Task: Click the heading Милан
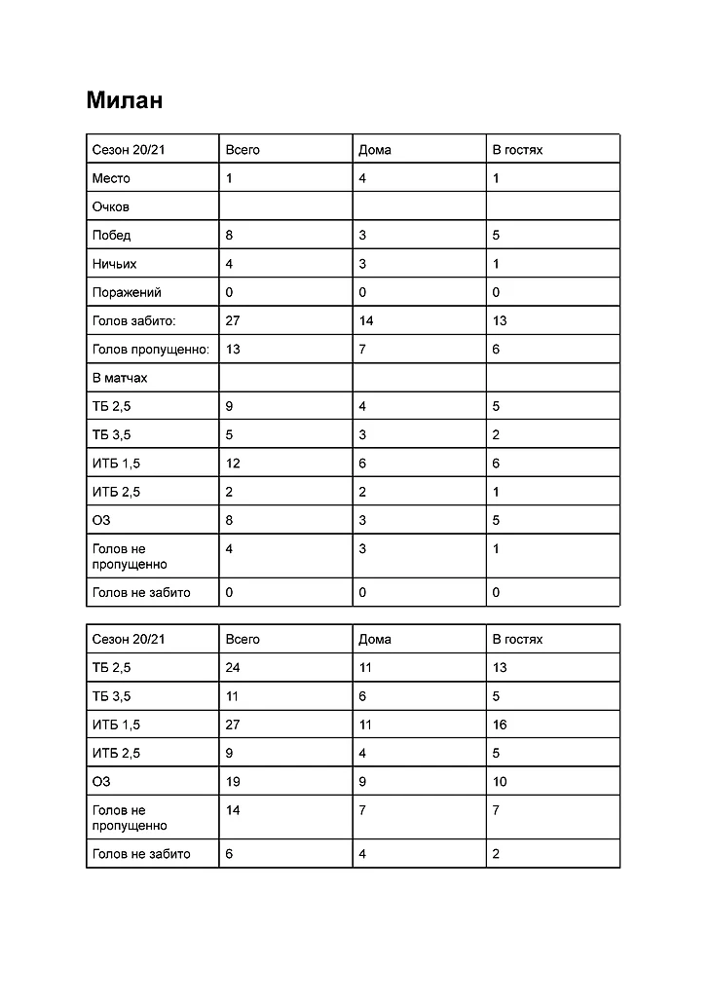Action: tap(124, 100)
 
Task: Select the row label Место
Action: tap(111, 178)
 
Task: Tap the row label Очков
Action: tap(111, 206)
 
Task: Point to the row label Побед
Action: tap(111, 235)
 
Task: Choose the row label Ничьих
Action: tap(114, 264)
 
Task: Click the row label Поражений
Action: tap(127, 292)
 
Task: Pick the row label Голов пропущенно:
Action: tap(151, 349)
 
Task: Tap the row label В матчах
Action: tap(120, 377)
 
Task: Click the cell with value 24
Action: tap(233, 668)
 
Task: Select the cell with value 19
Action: tap(233, 782)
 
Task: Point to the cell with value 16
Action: tap(500, 725)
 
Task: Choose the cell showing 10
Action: tap(500, 782)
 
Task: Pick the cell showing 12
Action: tap(233, 464)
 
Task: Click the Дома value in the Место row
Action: tap(362, 178)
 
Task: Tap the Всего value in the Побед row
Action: tap(229, 235)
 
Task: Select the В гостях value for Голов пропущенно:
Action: tap(496, 349)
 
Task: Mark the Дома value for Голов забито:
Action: tap(366, 320)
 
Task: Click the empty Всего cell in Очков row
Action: tap(285, 206)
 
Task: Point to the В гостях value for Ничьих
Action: tap(496, 264)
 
